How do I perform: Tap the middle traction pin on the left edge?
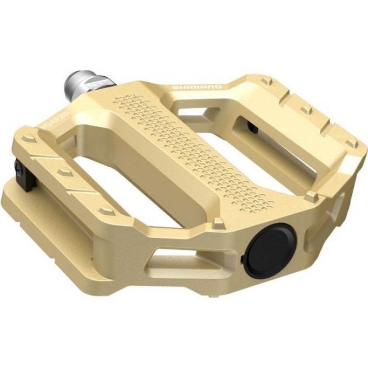tap(64, 172)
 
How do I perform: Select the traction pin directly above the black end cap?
tap(219, 222)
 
